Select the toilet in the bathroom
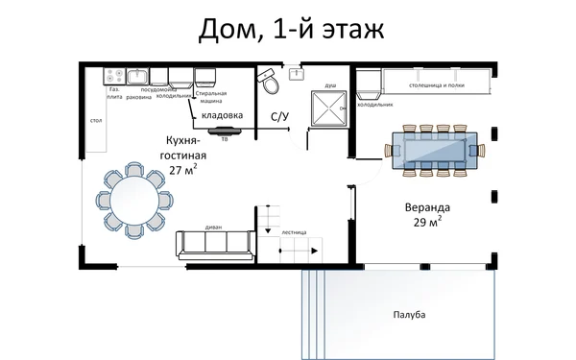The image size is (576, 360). [271, 84]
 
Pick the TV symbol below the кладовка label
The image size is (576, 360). [225, 131]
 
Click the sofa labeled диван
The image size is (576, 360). [214, 245]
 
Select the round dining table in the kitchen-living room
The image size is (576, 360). [132, 202]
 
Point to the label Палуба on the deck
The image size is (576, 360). [409, 315]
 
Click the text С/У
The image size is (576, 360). [279, 117]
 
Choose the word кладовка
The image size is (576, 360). [222, 116]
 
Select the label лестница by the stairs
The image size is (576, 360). [294, 232]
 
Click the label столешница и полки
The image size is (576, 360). [442, 85]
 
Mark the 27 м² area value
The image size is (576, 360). [182, 170]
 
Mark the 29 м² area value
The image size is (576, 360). [426, 222]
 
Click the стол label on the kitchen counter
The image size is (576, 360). [96, 122]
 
